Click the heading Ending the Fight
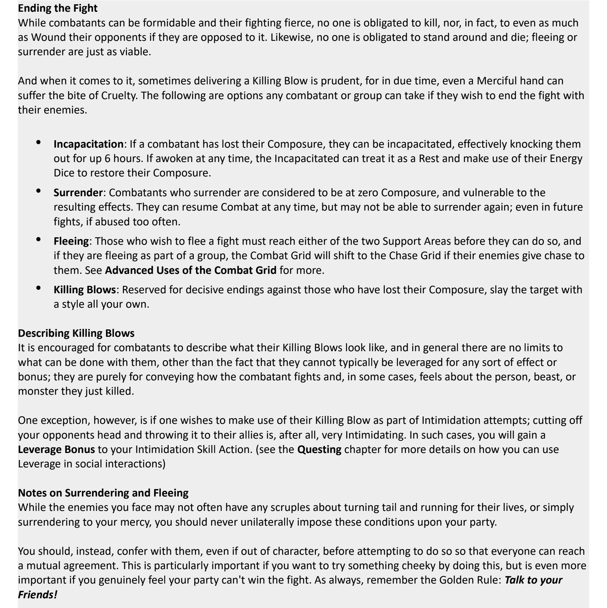58,8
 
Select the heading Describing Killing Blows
76,333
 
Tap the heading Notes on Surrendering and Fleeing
103,492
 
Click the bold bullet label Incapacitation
88,144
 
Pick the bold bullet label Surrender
78,193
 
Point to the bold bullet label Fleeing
71,241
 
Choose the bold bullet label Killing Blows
84,289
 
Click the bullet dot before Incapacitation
39,142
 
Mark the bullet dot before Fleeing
39,239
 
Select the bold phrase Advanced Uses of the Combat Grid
191,270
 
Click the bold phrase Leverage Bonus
56,449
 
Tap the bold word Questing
319,449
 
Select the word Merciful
498,81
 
